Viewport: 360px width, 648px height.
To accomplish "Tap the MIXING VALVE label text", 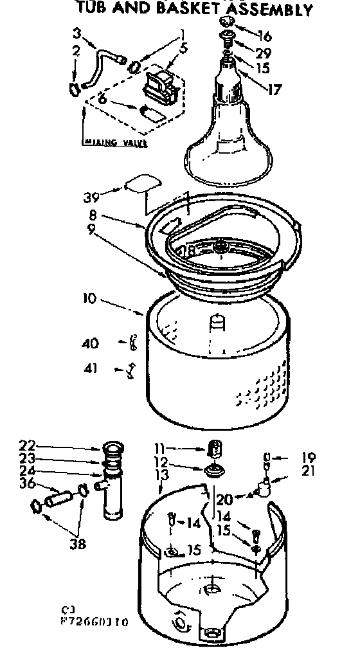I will pos(116,143).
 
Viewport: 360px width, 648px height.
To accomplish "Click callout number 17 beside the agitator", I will pos(274,89).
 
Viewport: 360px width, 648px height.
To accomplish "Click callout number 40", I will pos(91,344).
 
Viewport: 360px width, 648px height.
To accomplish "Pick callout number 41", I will pos(91,368).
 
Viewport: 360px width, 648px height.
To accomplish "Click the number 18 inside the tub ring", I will pos(188,251).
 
